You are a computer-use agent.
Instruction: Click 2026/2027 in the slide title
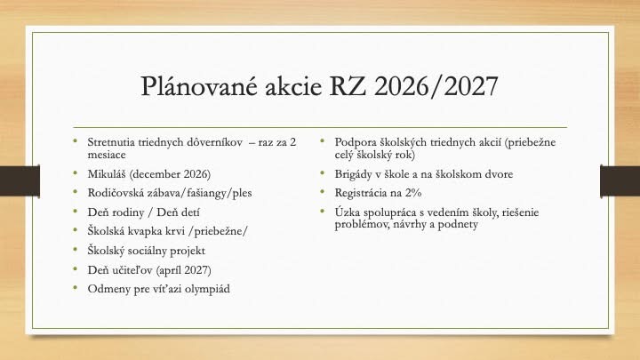point(436,85)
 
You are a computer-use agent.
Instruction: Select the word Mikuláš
point(107,174)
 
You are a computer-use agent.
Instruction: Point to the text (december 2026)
point(170,174)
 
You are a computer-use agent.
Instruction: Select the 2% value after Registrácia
point(413,193)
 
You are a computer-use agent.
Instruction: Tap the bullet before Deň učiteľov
point(75,268)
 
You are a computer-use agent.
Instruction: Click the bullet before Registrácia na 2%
point(322,191)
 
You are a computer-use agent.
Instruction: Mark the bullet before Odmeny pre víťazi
point(75,287)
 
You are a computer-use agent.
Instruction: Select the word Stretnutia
point(111,142)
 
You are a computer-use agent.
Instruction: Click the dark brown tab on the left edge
point(20,180)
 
